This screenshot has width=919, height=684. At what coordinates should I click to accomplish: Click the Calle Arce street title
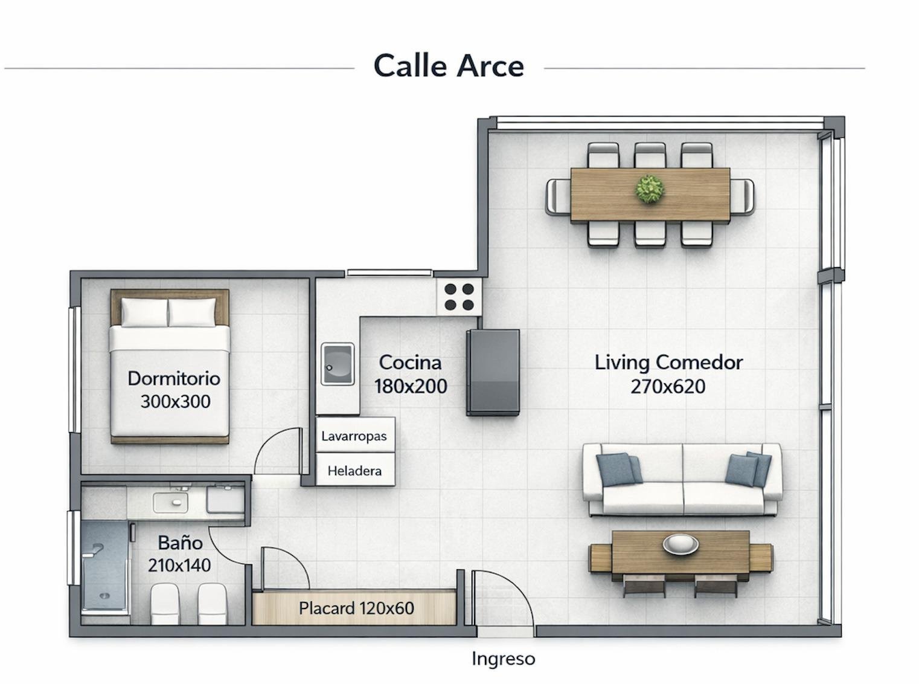pos(448,66)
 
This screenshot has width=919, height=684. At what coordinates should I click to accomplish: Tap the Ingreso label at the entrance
pos(503,659)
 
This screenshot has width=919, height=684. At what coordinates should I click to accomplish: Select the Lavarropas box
pos(355,435)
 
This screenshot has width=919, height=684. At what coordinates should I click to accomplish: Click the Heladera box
pos(355,470)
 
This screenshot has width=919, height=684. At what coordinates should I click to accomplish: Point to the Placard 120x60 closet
pos(355,608)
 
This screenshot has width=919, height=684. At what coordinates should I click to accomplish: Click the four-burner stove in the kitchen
pos(459,297)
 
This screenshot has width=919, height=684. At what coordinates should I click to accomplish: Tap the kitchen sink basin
pos(338,364)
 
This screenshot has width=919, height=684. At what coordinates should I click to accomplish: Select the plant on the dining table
pos(650,189)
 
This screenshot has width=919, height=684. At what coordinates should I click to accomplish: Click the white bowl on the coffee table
pos(680,544)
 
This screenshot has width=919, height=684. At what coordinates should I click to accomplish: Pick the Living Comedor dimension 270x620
pos(668,387)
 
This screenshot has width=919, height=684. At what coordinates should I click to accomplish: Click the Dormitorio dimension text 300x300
pos(175,401)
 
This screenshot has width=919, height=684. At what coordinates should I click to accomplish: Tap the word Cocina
pos(410,363)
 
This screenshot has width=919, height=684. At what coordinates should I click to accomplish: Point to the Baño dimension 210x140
pos(179,566)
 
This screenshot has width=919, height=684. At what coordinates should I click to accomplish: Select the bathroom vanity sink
pos(170,502)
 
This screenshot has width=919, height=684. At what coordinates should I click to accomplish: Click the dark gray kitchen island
pos(493,372)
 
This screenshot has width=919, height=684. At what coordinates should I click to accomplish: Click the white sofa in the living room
pos(682,480)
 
